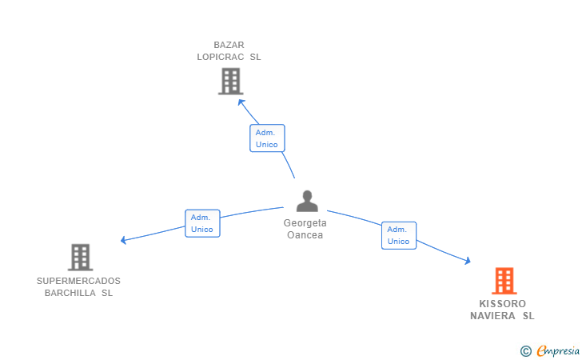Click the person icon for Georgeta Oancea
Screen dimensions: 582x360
point(307,201)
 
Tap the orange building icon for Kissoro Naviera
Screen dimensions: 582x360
point(504,281)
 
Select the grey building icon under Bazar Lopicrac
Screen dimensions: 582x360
point(230,81)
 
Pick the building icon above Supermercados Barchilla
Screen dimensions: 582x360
point(80,257)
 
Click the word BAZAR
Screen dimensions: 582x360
point(229,45)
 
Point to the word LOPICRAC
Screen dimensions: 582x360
point(221,57)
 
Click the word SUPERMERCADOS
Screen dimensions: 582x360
point(78,281)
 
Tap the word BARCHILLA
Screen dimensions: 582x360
point(70,293)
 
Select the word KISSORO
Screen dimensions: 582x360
point(503,304)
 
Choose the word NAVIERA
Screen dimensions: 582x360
point(493,316)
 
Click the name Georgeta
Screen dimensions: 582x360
point(305,223)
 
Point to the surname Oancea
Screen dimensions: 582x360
point(305,234)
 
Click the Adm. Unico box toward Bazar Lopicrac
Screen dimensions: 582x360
point(267,138)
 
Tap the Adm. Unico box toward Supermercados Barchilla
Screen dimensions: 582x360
point(203,223)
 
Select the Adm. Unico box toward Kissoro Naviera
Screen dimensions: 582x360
point(399,235)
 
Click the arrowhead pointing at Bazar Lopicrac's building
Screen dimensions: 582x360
point(241,102)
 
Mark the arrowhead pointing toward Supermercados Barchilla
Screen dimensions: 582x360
point(124,240)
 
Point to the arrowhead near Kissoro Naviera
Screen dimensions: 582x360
point(468,261)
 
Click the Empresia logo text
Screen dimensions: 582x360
point(558,350)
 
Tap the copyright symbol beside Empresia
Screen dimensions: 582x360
point(526,351)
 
